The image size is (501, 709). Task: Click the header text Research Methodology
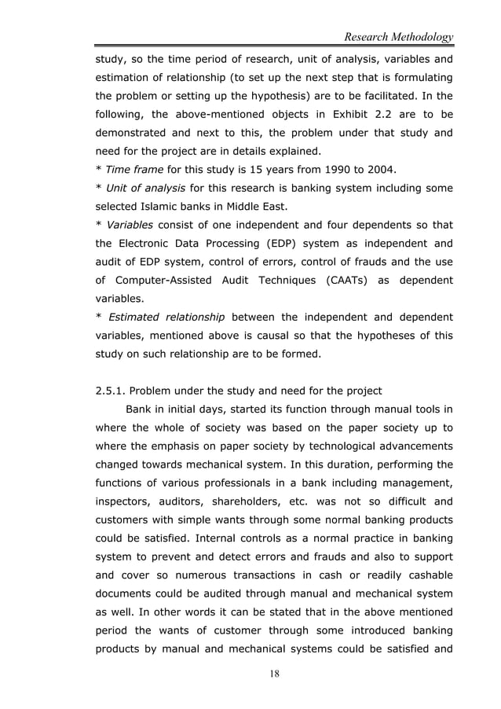[393, 36]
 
